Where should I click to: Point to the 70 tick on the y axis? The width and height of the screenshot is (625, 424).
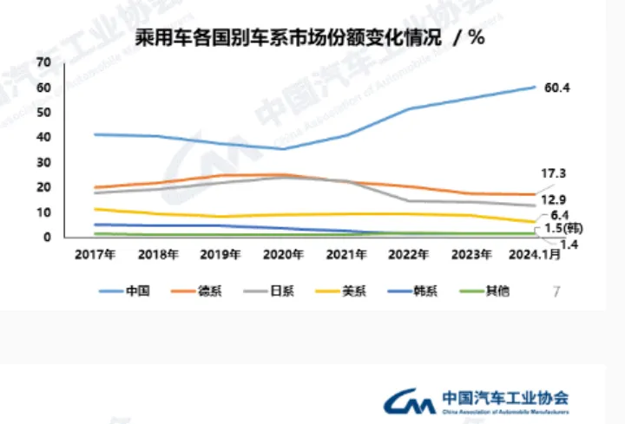click(44, 62)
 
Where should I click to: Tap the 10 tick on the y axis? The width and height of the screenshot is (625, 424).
click(44, 212)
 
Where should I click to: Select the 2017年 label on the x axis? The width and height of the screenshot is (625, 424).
click(95, 256)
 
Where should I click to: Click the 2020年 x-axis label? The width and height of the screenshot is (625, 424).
click(283, 256)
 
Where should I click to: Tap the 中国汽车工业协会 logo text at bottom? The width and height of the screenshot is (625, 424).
click(505, 398)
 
